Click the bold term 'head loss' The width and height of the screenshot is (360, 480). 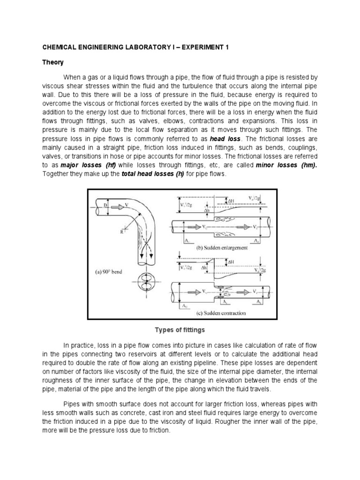click(226, 139)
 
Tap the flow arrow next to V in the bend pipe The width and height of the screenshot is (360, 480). click(114, 206)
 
